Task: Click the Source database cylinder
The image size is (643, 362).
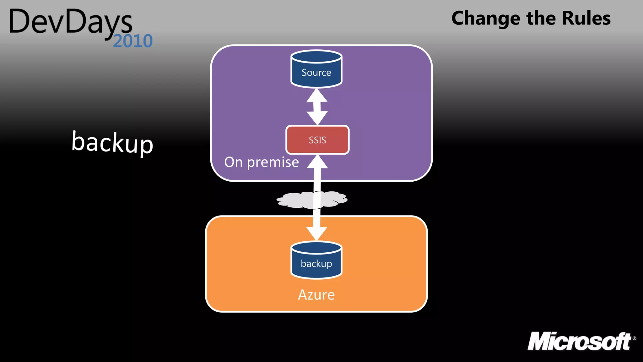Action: click(x=316, y=69)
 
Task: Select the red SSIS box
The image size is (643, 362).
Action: click(x=317, y=140)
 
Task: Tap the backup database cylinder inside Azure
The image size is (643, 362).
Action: click(x=316, y=261)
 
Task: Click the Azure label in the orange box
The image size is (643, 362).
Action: click(x=316, y=295)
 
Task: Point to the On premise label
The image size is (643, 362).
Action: click(x=262, y=162)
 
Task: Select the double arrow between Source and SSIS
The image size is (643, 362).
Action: click(x=317, y=107)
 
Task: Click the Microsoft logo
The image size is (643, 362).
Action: click(x=580, y=342)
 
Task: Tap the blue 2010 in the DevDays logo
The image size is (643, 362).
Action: click(x=133, y=41)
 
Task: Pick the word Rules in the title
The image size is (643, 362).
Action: click(x=586, y=18)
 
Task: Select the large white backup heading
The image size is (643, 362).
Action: click(x=112, y=143)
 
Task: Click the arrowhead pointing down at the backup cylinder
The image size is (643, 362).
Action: click(x=317, y=234)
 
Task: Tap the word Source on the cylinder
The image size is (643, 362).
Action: click(x=316, y=73)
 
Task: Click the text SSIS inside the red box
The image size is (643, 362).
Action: click(x=317, y=140)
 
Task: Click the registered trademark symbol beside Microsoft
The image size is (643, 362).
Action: click(x=634, y=338)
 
